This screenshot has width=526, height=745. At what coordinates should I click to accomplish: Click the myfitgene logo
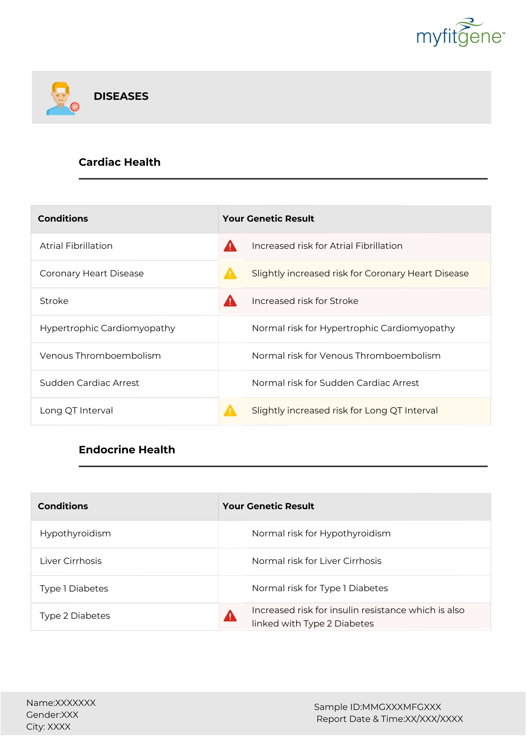tap(460, 33)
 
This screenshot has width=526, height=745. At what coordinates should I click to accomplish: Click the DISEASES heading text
tap(121, 96)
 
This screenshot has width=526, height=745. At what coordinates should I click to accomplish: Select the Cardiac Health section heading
tap(119, 162)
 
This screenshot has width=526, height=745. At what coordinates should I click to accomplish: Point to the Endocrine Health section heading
tap(126, 450)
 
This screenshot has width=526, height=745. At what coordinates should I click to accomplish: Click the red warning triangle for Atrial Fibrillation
tap(230, 246)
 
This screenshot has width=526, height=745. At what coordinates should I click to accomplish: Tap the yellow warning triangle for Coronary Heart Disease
tap(230, 274)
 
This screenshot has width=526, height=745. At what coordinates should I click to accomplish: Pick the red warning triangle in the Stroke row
tap(230, 301)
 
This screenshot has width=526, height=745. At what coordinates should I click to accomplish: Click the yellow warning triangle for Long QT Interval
tap(230, 411)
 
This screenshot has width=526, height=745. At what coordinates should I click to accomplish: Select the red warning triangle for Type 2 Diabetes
tap(230, 616)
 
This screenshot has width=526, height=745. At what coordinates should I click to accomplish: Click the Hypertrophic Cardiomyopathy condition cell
tap(107, 329)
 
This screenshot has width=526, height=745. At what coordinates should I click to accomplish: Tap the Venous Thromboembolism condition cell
tap(100, 356)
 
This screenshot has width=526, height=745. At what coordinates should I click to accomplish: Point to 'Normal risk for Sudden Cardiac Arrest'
tap(335, 383)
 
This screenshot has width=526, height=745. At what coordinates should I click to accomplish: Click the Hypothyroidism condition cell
tap(75, 534)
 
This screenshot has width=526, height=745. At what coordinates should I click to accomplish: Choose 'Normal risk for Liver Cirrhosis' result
tap(317, 561)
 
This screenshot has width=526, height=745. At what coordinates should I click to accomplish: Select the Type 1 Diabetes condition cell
tap(74, 589)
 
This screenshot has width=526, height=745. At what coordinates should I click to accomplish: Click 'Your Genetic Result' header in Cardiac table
tap(268, 219)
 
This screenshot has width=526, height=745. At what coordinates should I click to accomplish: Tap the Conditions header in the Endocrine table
tap(63, 507)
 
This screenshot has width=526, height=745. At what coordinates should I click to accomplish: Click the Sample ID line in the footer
tap(377, 707)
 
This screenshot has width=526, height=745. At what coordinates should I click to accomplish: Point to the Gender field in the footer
tap(52, 715)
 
